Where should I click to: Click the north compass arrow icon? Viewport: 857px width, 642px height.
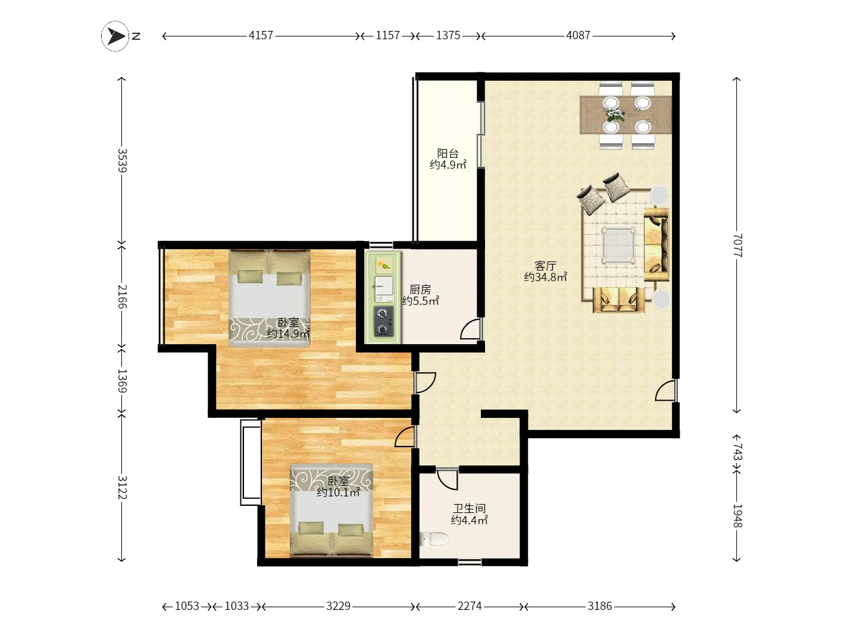pyautogui.click(x=115, y=36)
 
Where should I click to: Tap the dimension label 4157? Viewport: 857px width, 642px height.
pyautogui.click(x=261, y=36)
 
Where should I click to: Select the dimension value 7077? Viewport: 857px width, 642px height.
pyautogui.click(x=737, y=245)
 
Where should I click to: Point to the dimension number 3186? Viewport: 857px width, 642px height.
pyautogui.click(x=600, y=606)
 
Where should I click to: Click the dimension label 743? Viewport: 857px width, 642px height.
pyautogui.click(x=737, y=452)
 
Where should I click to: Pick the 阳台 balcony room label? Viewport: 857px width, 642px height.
pyautogui.click(x=448, y=153)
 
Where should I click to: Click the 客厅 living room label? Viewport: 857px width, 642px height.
pyautogui.click(x=545, y=266)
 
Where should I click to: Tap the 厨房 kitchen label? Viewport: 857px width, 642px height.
pyautogui.click(x=420, y=289)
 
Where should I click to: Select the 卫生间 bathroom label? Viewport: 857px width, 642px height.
pyautogui.click(x=470, y=508)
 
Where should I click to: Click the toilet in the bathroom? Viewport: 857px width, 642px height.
pyautogui.click(x=434, y=539)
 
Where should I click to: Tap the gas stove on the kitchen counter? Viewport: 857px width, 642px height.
pyautogui.click(x=383, y=321)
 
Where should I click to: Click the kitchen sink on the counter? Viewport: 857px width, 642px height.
pyautogui.click(x=384, y=289)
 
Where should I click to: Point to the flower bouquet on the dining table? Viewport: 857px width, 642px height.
pyautogui.click(x=615, y=115)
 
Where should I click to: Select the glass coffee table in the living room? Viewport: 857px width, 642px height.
pyautogui.click(x=618, y=246)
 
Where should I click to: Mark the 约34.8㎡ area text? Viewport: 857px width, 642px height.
pyautogui.click(x=545, y=277)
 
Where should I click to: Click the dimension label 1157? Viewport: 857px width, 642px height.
pyautogui.click(x=387, y=36)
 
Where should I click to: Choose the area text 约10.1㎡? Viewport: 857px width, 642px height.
pyautogui.click(x=338, y=492)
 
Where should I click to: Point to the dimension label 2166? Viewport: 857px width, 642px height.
pyautogui.click(x=122, y=297)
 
